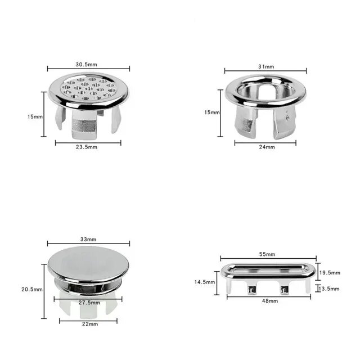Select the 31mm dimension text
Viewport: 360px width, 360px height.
(266, 66)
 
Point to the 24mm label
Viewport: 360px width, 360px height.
(266, 147)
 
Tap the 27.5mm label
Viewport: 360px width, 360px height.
(88, 303)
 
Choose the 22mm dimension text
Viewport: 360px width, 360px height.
(88, 325)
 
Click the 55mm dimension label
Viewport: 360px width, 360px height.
(268, 254)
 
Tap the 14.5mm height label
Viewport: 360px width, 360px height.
(205, 282)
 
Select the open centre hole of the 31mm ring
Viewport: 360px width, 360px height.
(264, 90)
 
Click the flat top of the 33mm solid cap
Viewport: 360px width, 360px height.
(88, 262)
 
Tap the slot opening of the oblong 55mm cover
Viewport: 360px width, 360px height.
(268, 267)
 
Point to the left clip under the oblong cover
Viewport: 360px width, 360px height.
(251, 289)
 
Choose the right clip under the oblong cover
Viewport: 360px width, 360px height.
(283, 289)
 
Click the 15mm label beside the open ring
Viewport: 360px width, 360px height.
(211, 112)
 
